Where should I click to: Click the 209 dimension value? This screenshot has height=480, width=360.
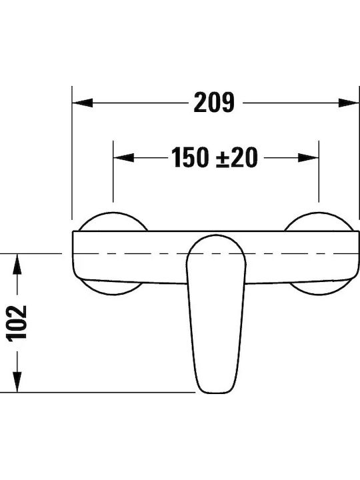[214, 102]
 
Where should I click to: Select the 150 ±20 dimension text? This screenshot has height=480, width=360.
[214, 157]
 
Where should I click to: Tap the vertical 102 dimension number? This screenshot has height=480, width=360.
[17, 323]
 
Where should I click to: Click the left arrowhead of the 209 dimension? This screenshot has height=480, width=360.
[83, 103]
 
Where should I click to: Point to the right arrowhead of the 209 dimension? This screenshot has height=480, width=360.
[349, 103]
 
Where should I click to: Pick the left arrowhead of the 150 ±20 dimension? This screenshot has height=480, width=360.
[124, 157]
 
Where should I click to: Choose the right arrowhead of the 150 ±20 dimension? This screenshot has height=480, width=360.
[308, 157]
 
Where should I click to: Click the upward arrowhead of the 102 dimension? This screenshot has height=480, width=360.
[17, 265]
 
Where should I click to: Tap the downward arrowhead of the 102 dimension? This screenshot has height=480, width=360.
[17, 381]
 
